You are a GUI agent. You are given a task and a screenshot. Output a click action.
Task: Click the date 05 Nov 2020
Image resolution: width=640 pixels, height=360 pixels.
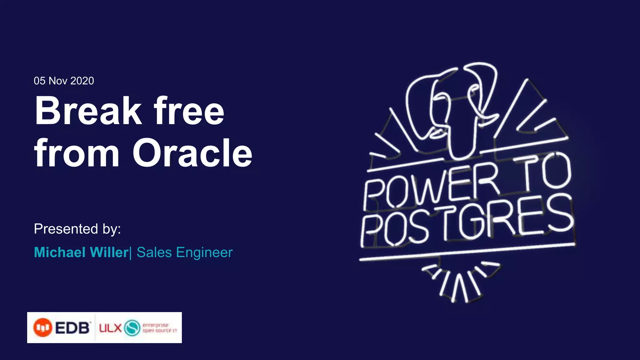(x=64, y=81)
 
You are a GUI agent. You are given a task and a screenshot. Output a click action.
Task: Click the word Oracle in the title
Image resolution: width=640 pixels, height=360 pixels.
(x=192, y=153)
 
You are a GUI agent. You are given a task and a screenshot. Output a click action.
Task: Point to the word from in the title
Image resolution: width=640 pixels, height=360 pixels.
(x=77, y=153)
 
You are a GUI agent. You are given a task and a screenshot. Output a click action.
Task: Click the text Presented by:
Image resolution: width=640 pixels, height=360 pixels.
(x=77, y=229)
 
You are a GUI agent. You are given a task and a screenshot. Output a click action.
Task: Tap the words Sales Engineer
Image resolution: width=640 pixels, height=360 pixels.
(x=185, y=252)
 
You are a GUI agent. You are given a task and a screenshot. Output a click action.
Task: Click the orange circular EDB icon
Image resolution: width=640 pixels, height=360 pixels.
(x=42, y=327)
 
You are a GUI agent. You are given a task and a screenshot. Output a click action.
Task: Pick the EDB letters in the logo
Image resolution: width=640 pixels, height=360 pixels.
(x=72, y=328)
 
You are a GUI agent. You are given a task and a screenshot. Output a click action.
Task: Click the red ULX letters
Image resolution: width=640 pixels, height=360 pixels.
(x=110, y=328)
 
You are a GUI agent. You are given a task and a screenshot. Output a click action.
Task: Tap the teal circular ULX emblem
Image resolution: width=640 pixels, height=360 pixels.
(x=132, y=328)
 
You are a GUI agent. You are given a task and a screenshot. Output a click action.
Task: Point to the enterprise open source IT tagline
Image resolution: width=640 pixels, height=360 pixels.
(x=159, y=328)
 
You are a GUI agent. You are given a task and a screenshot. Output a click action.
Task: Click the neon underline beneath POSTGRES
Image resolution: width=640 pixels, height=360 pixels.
(x=467, y=252)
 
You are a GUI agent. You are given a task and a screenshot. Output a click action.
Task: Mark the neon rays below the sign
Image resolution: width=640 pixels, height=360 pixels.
(x=459, y=281)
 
